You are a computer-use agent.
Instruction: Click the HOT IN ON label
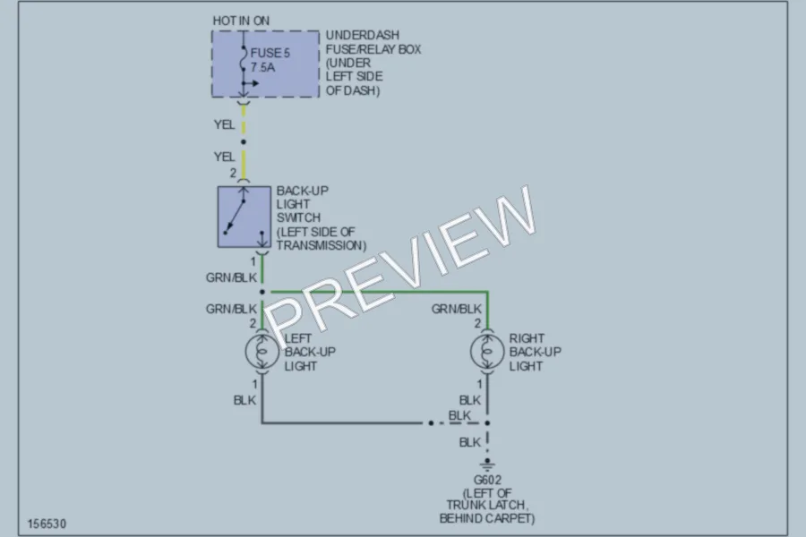(x=241, y=21)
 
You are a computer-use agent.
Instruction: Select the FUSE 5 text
(x=270, y=53)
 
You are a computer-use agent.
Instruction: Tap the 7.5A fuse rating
(x=262, y=67)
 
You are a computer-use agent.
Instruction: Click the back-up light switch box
(x=244, y=217)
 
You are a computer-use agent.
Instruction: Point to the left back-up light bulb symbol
(x=262, y=352)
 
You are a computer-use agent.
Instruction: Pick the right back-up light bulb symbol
(x=487, y=352)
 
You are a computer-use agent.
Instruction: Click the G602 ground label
(x=487, y=480)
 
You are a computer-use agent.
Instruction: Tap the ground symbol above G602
(x=487, y=465)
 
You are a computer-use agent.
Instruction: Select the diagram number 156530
(x=47, y=524)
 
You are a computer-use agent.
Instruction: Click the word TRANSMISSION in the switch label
(x=322, y=245)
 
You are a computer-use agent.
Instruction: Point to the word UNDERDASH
(x=363, y=35)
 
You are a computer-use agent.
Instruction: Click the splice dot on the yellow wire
(x=243, y=141)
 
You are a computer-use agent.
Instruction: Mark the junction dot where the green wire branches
(x=262, y=292)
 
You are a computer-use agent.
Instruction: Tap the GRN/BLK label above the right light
(x=457, y=309)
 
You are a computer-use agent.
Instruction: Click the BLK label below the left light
(x=244, y=400)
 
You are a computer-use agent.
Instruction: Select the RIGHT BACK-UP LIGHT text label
(x=536, y=352)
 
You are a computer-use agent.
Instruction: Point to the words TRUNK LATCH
(x=487, y=505)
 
